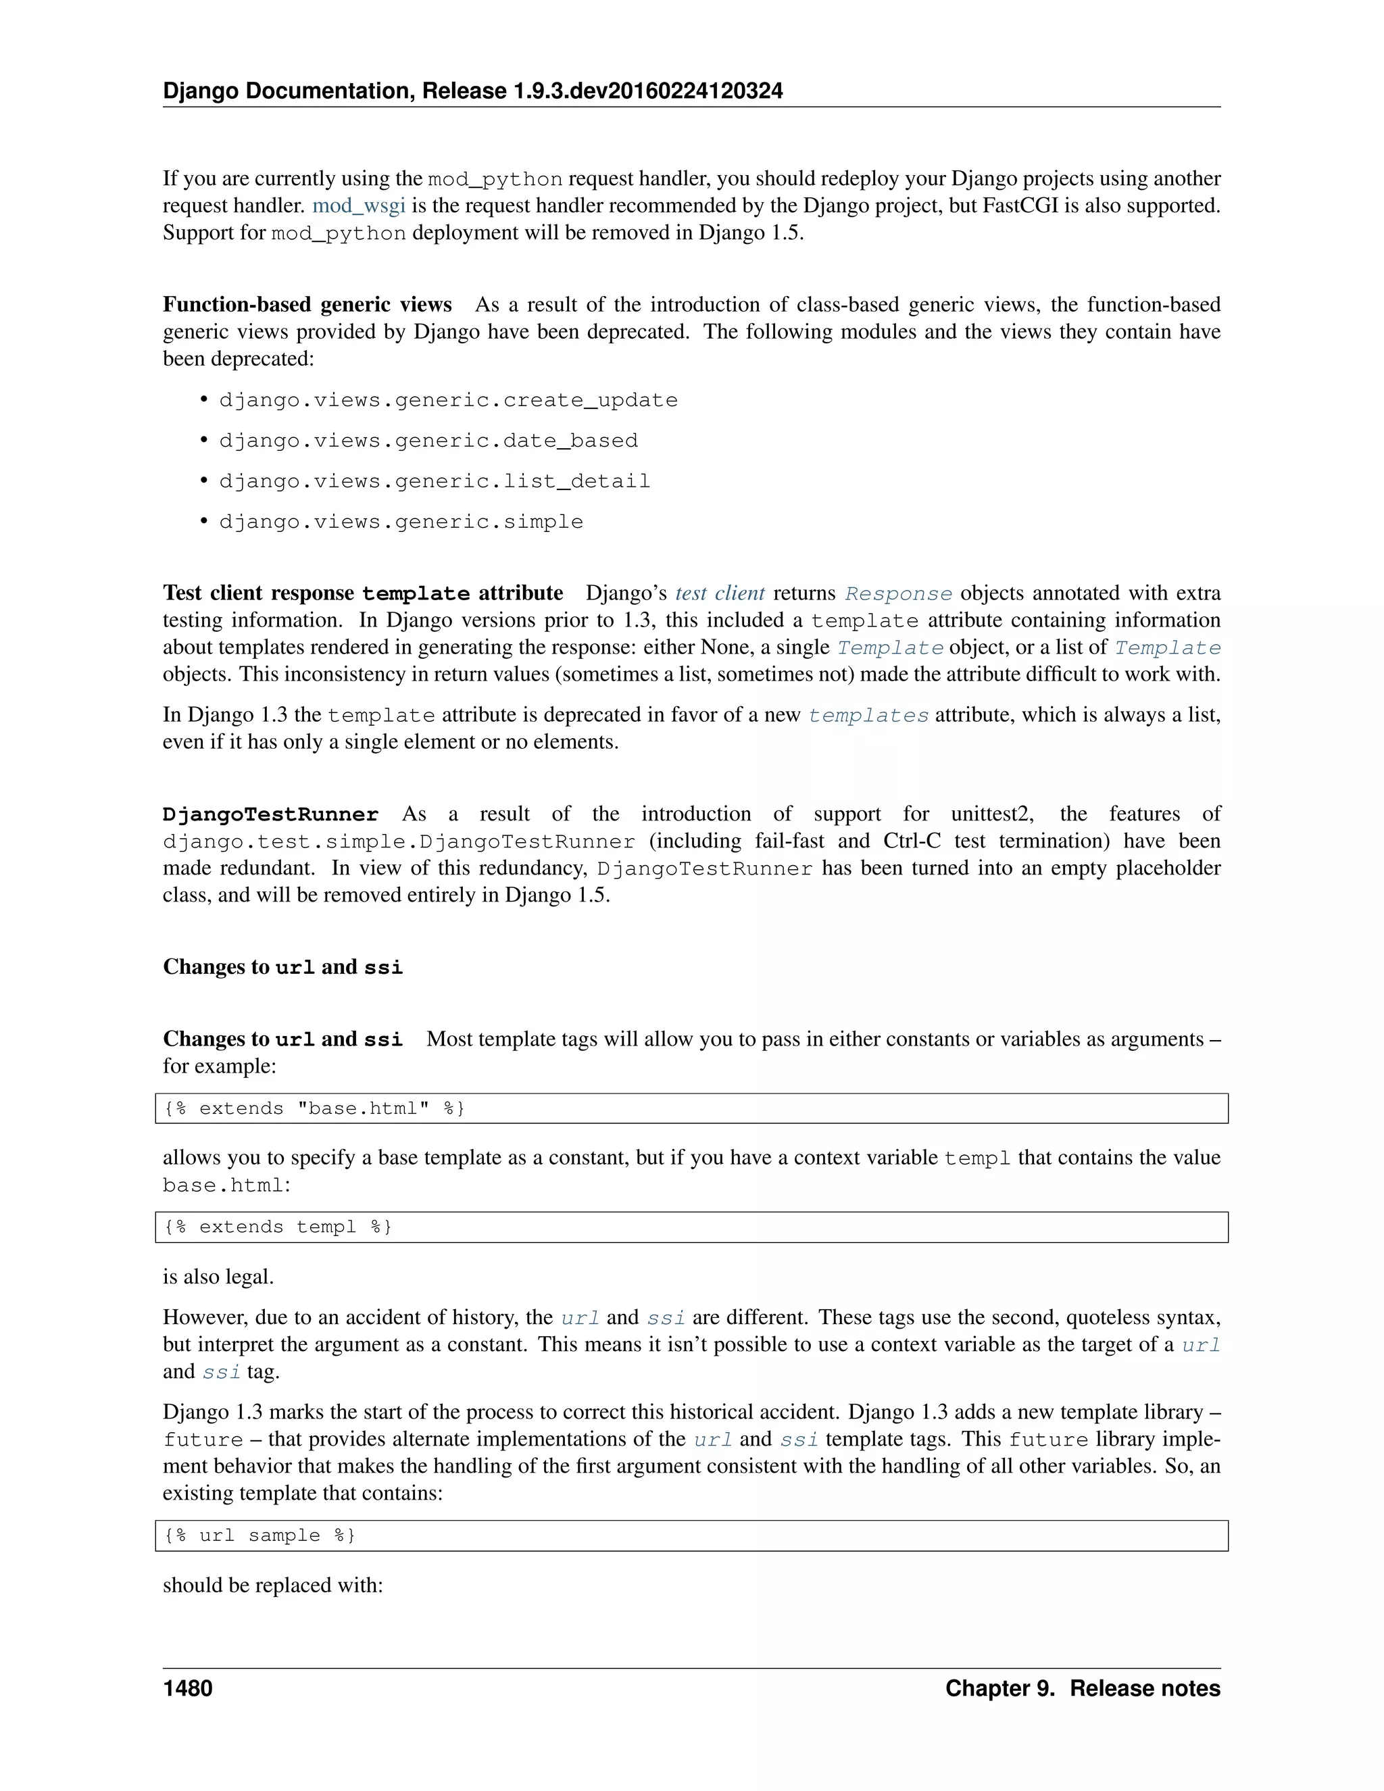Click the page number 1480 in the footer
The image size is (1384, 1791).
tap(188, 1688)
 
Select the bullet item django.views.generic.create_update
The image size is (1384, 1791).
tap(447, 400)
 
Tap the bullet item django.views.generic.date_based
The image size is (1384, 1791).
tap(428, 441)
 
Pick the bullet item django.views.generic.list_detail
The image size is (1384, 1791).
tap(434, 481)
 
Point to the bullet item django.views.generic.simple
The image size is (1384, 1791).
tap(401, 522)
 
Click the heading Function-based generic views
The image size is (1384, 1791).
tap(307, 305)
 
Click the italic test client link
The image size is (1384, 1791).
tap(720, 593)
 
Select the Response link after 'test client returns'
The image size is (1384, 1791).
tap(898, 593)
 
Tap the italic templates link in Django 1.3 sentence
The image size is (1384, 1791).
tap(868, 715)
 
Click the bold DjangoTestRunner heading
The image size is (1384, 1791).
tap(270, 814)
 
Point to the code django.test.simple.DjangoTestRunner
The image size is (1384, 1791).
tap(399, 842)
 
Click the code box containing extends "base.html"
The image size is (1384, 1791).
tap(691, 1108)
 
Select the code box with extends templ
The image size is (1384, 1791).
tap(691, 1227)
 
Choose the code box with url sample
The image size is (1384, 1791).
tap(691, 1535)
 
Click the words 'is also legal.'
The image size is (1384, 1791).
tap(218, 1277)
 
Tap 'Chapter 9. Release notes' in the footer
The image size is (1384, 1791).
tap(1083, 1688)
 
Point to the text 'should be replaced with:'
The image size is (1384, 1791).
tap(273, 1585)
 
